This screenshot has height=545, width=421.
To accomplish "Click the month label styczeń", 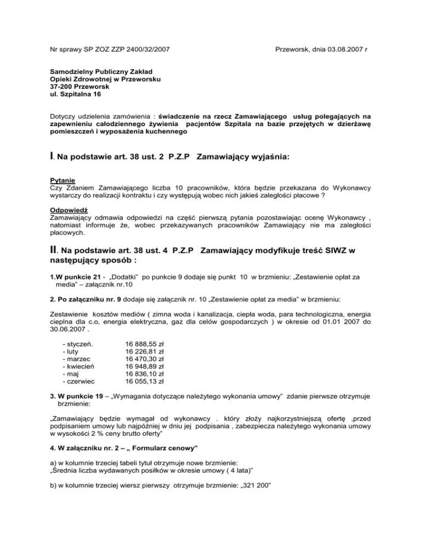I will (x=79, y=344).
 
